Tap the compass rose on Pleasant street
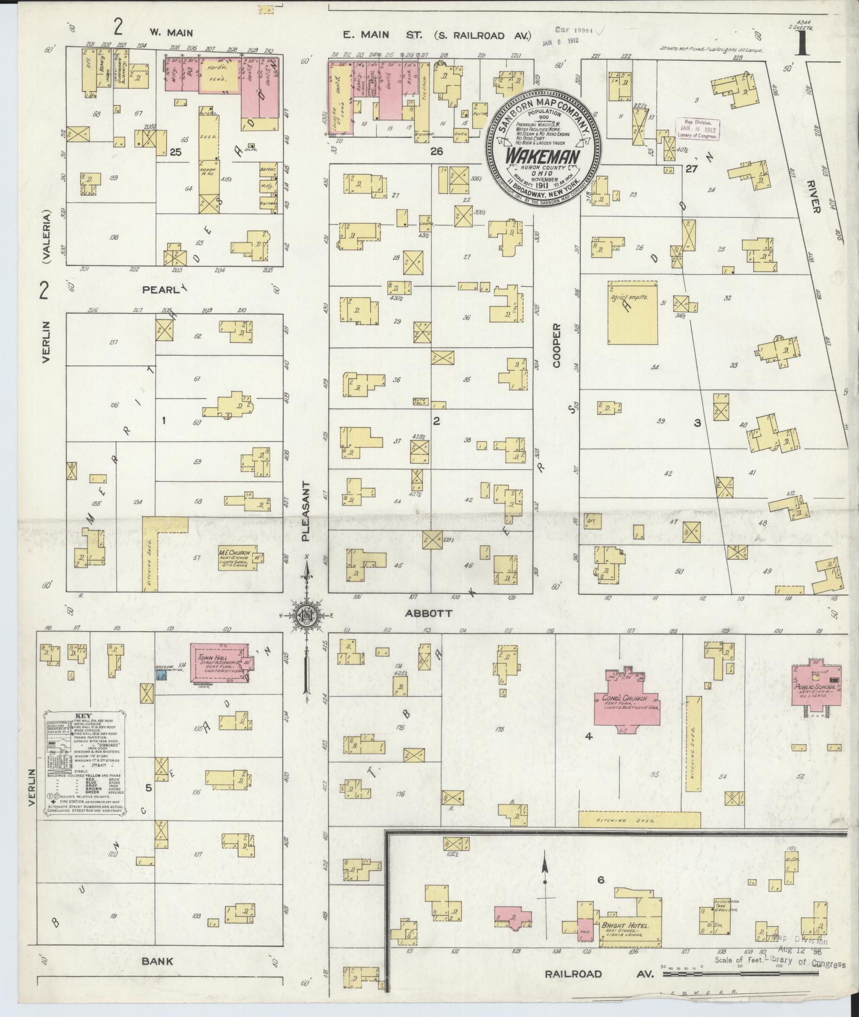pyautogui.click(x=306, y=615)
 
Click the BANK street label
pyautogui.click(x=157, y=961)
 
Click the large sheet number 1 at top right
pyautogui.click(x=801, y=44)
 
